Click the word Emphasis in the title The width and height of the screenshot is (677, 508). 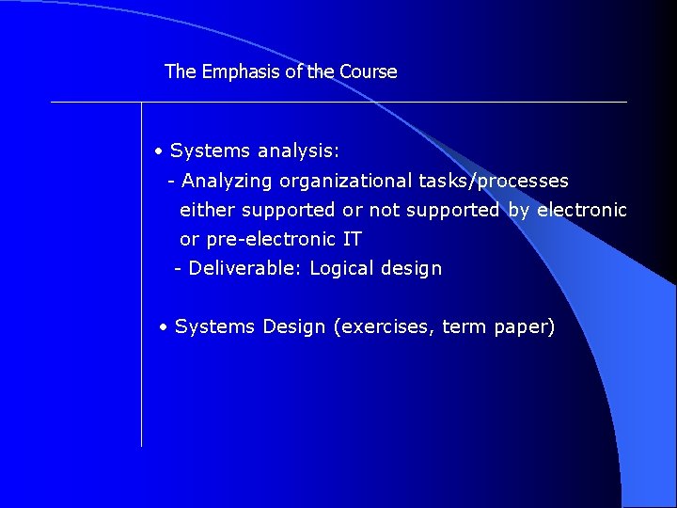tap(233, 72)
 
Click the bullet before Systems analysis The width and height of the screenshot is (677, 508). tap(161, 151)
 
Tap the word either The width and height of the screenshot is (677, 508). tap(207, 211)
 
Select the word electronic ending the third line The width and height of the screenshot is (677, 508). tap(581, 211)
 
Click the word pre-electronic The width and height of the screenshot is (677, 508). tap(257, 240)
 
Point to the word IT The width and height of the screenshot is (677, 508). tap(352, 240)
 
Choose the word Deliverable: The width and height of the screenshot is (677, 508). tap(245, 269)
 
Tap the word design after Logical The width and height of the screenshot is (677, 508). tap(411, 269)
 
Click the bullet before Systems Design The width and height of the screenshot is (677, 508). tap(164, 327)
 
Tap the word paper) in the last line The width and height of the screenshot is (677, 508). tap(525, 327)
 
